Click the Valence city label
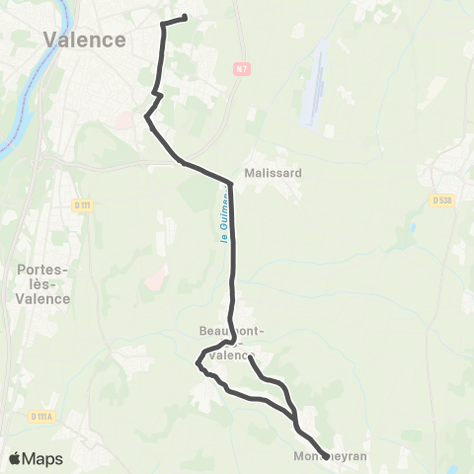pos(85,40)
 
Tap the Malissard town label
pos(273,171)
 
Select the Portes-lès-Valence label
pos(43,284)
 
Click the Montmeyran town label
pos(331,457)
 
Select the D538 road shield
pos(441,200)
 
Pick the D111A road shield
pos(41,417)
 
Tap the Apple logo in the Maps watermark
pos(15,458)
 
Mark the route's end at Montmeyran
pos(326,456)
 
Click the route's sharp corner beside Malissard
pos(231,183)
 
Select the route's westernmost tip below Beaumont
pos(197,364)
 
